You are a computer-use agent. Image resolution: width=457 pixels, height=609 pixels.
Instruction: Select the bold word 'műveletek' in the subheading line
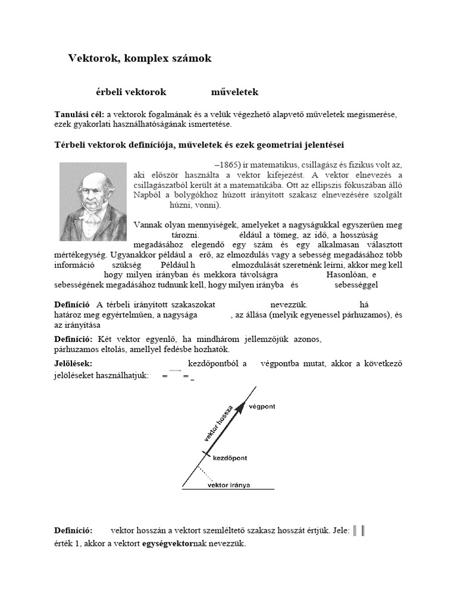click(x=234, y=92)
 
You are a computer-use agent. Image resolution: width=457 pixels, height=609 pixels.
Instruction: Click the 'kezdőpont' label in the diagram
click(x=230, y=459)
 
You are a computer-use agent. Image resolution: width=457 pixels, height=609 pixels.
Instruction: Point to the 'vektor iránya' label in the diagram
click(x=228, y=485)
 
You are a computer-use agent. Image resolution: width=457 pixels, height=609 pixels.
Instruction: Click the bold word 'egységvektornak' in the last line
click(x=173, y=544)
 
